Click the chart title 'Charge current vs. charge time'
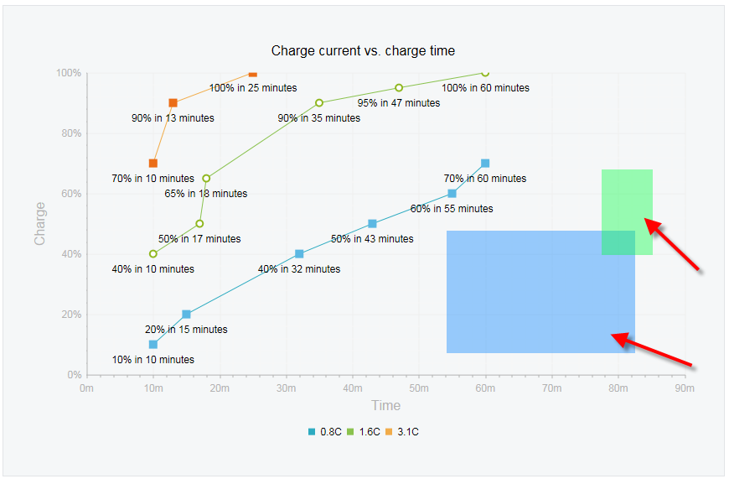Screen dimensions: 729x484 tap(363, 50)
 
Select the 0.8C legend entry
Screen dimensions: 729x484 tap(324, 432)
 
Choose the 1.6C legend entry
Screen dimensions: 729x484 tap(364, 432)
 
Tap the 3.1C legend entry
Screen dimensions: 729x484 tap(402, 432)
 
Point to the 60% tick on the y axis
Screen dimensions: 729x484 tap(71, 194)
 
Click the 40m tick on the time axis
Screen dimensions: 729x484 tap(353, 388)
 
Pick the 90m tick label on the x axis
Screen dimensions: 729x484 tap(685, 388)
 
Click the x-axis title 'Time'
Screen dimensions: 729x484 tap(385, 405)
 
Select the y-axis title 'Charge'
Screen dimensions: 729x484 tap(39, 223)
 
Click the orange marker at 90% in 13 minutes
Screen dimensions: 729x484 tap(173, 103)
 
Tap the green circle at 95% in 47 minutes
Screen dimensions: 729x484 tap(399, 87)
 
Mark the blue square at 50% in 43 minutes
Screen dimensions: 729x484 tap(372, 224)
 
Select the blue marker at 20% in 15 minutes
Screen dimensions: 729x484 tap(186, 314)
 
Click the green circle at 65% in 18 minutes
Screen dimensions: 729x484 tap(206, 178)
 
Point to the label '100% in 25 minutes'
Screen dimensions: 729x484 tap(253, 88)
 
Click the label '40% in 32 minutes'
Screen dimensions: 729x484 tap(299, 269)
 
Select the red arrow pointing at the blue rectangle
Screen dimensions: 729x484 tap(651, 350)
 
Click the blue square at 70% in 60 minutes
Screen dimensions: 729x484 tap(485, 164)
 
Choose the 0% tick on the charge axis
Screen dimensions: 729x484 tap(75, 375)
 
